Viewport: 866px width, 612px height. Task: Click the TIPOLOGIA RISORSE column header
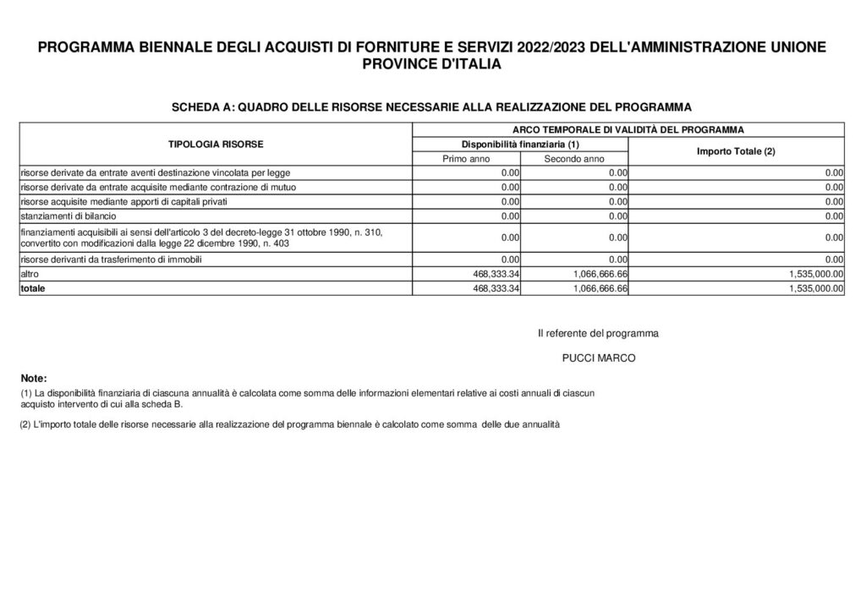216,144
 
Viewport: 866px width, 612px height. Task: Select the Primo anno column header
466,158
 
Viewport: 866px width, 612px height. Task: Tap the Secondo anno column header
573,158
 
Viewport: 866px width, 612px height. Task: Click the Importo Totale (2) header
736,151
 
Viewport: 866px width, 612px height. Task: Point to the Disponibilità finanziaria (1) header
519,145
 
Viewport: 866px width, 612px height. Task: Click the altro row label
30,275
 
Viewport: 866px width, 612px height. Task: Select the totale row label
34,288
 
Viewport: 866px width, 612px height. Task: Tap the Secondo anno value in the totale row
591,288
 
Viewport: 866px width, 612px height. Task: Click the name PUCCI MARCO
598,358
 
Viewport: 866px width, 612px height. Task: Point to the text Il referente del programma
598,333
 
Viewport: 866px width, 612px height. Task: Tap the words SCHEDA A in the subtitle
201,107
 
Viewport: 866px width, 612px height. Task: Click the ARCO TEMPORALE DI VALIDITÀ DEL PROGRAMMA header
628,129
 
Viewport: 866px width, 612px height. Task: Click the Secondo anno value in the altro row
591,275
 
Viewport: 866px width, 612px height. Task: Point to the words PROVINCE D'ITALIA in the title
432,64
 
